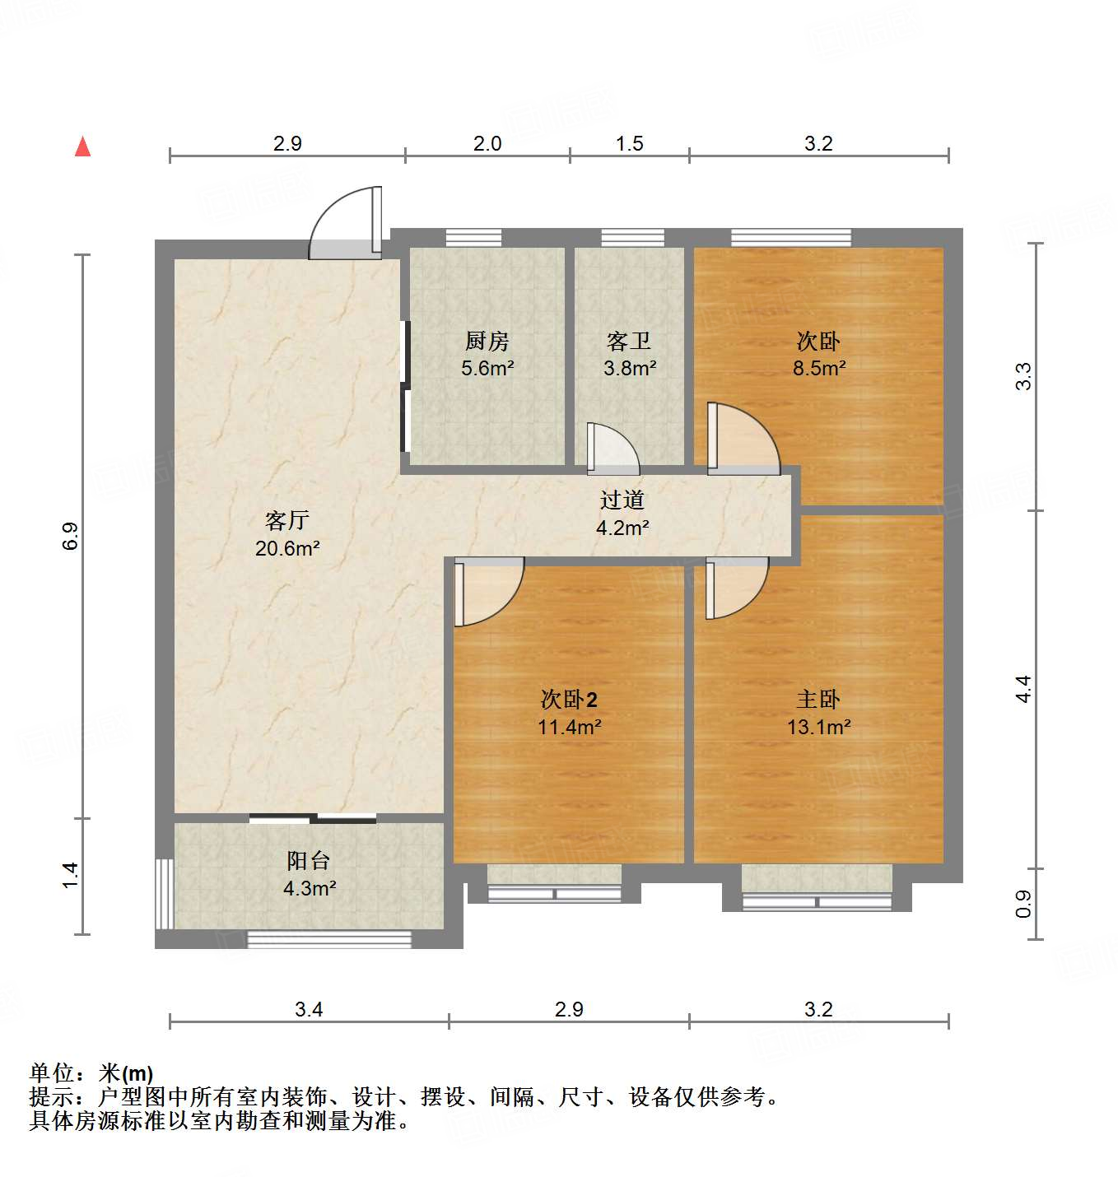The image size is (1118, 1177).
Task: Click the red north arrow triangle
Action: [x=82, y=147]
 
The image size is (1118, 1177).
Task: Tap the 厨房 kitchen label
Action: [x=487, y=341]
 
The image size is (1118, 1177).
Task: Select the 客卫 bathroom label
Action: [x=629, y=341]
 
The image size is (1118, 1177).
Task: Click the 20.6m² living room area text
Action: [x=287, y=548]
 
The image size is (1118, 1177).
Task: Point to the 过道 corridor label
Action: [x=622, y=500]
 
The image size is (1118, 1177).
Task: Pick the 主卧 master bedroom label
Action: [x=818, y=700]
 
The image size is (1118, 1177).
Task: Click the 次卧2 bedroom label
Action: [x=569, y=700]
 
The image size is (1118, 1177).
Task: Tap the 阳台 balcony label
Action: [x=309, y=861]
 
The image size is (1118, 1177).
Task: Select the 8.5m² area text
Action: [x=819, y=368]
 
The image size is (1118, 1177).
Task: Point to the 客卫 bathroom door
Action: [x=612, y=450]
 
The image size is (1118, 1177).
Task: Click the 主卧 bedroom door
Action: [x=735, y=587]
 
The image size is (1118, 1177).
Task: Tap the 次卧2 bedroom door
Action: [x=487, y=590]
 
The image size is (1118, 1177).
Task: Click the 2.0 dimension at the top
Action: [x=487, y=144]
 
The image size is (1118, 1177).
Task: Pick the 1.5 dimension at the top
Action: [x=630, y=144]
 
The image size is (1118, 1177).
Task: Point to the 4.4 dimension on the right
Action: [x=1023, y=689]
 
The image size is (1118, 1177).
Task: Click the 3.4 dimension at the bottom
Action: [x=309, y=1010]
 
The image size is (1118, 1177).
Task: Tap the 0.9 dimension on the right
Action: [x=1023, y=904]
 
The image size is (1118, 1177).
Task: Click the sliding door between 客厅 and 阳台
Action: [x=313, y=818]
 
